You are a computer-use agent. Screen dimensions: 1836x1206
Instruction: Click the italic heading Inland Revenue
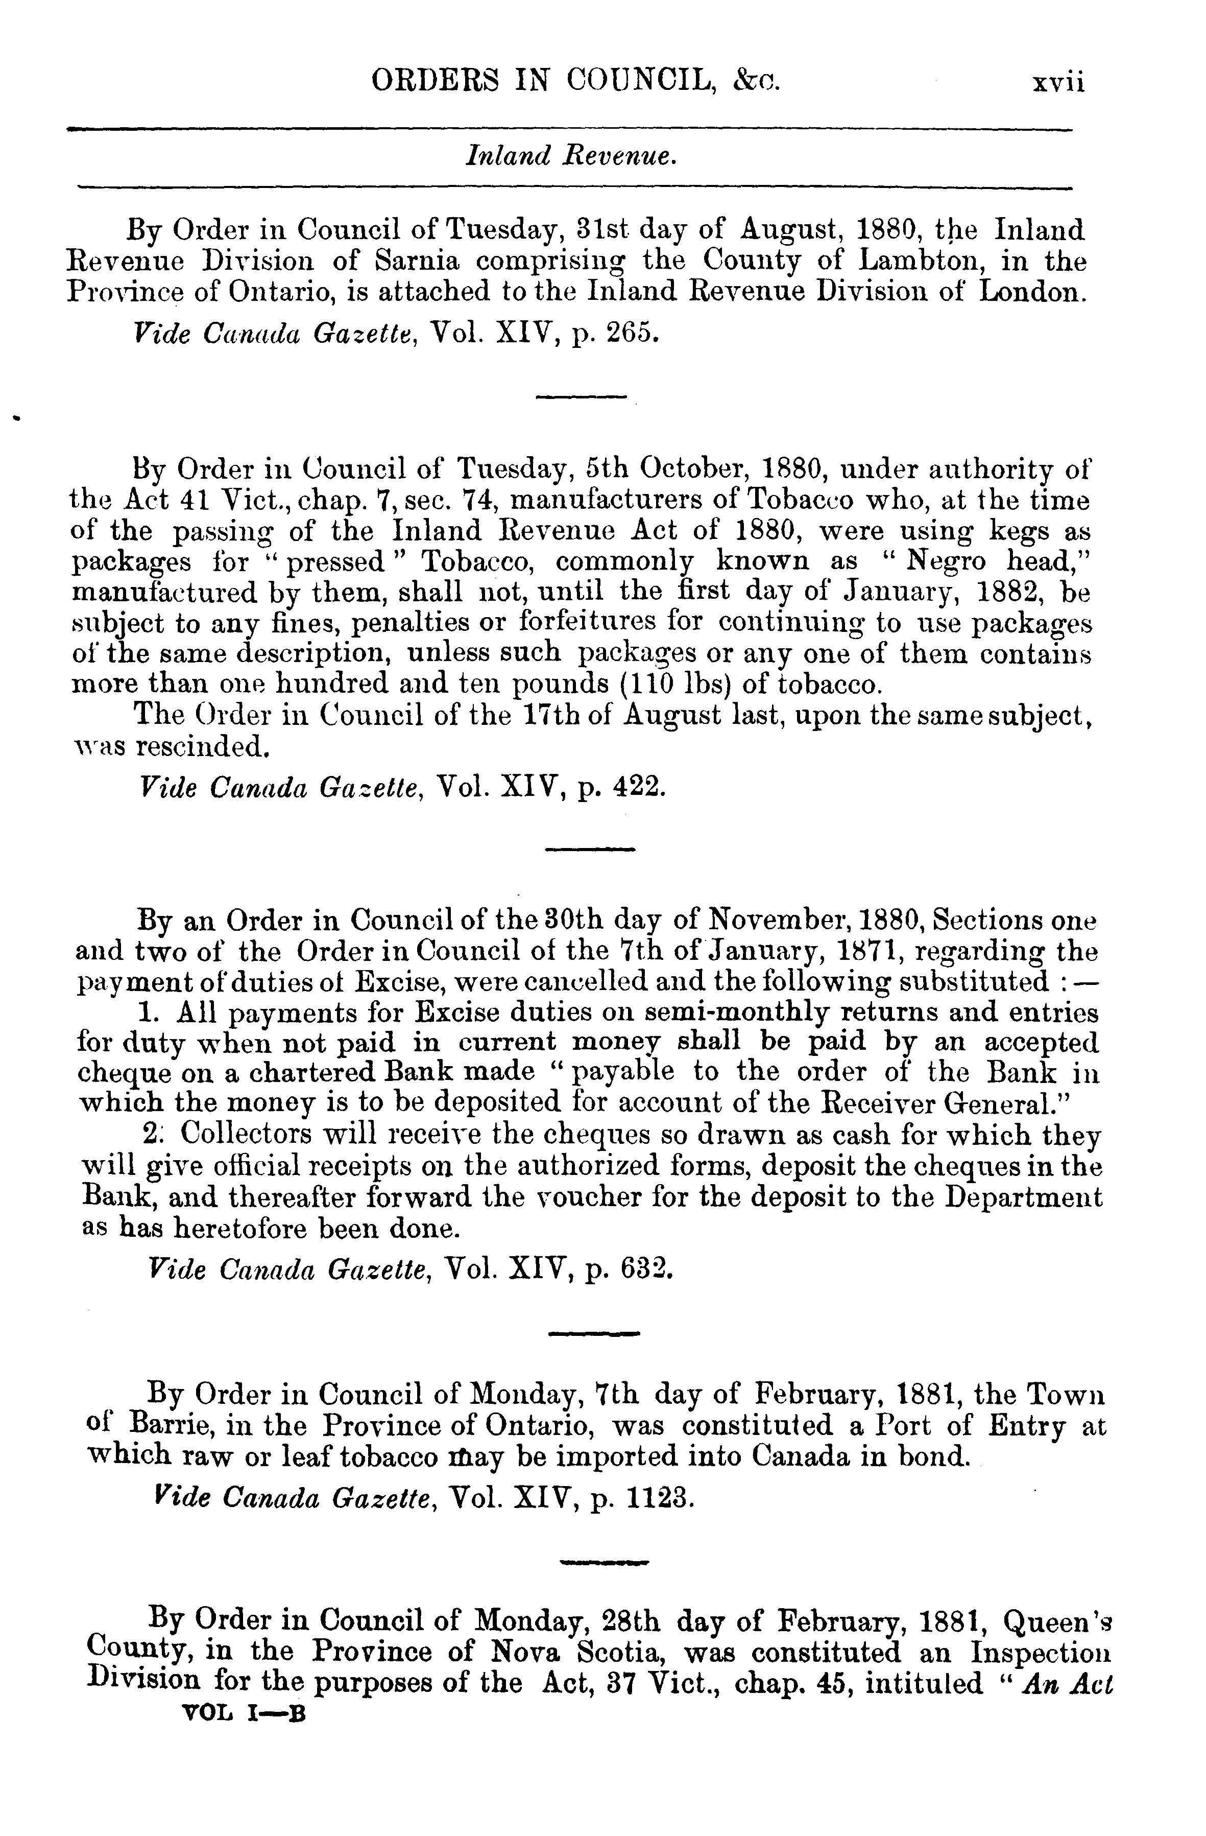coord(571,157)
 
